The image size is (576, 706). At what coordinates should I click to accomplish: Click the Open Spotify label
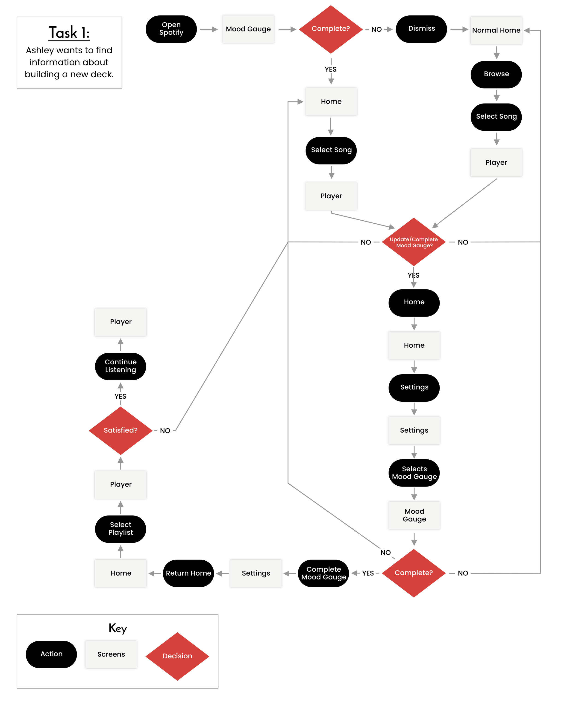171,29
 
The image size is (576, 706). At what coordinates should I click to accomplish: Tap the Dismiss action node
421,29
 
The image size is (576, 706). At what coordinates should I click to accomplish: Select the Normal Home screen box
496,30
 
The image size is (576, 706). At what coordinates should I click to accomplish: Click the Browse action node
496,74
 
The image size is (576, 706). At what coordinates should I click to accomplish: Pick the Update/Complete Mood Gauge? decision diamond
414,242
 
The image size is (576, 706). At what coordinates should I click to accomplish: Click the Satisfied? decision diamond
120,430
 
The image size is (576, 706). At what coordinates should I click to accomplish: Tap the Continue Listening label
120,366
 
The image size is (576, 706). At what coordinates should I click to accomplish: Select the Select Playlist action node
120,528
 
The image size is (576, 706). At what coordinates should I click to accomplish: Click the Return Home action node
188,573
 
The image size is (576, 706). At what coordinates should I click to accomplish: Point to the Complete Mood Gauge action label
323,573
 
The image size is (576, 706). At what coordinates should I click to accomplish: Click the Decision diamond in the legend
177,656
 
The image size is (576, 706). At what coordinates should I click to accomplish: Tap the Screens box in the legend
111,654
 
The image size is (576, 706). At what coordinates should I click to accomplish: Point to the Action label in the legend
51,654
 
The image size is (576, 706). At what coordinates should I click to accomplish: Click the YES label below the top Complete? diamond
330,69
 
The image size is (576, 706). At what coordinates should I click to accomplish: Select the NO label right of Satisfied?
165,431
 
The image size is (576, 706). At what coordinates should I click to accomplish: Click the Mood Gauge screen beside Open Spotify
248,29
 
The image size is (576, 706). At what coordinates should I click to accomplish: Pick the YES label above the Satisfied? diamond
120,396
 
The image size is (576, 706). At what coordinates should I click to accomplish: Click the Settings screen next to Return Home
256,573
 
